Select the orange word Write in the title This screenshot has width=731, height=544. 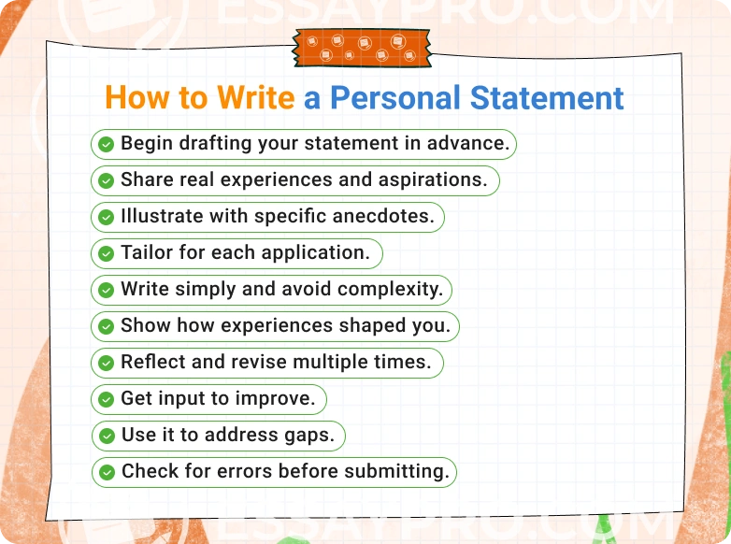tap(255, 97)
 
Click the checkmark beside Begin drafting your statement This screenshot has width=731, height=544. tap(107, 144)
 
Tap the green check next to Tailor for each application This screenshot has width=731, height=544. tap(107, 253)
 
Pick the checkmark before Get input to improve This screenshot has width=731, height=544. tap(107, 399)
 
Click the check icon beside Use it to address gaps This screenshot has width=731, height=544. tap(107, 436)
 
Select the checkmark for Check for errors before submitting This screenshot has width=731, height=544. tap(107, 472)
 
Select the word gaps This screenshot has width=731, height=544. tap(313, 437)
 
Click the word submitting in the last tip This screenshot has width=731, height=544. tap(397, 472)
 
